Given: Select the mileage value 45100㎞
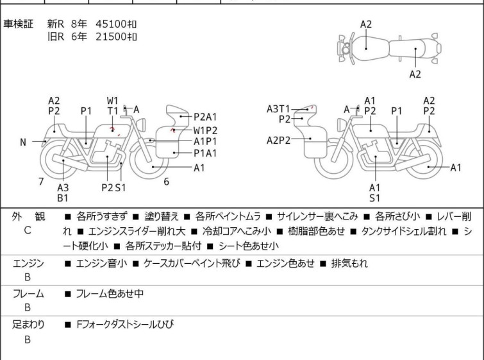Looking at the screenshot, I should click(116, 24).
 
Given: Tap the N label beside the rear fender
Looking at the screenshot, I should click(23, 142).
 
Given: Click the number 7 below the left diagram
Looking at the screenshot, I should click(41, 182).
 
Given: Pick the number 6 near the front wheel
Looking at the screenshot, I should click(167, 182).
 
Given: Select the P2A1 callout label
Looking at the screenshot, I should click(206, 117).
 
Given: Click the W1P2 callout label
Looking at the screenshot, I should click(206, 130).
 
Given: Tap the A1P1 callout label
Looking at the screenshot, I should click(206, 141).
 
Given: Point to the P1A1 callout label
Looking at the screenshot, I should click(206, 153).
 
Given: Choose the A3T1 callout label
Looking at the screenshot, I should click(279, 109).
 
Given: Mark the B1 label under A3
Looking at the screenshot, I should click(63, 199).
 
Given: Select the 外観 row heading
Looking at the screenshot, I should click(28, 217).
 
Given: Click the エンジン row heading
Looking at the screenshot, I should click(28, 263).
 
